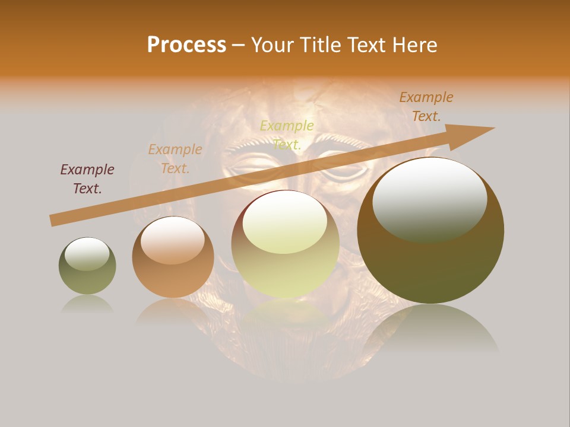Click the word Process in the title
pos(186,45)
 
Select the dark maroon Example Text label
pos(87,179)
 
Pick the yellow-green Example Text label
pos(287,135)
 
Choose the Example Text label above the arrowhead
pos(426,107)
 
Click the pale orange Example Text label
pos(175,159)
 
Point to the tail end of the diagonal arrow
pos(52,221)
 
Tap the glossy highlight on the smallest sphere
pos(87,254)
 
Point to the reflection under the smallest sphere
pos(87,304)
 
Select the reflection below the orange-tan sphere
pos(173,311)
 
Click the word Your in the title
pos(274,45)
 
